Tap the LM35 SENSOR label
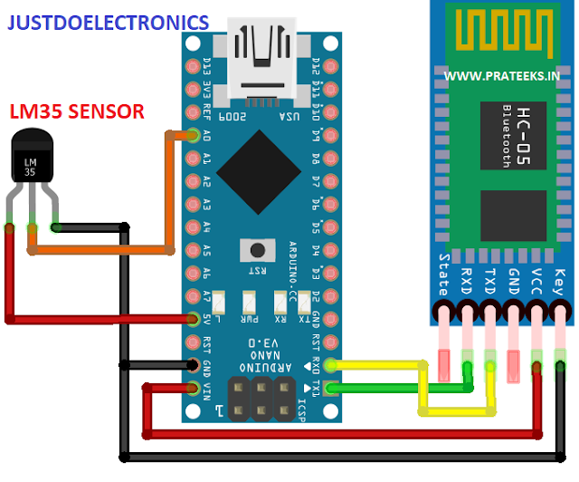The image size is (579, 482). (x=77, y=111)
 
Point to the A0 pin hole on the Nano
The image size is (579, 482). (x=193, y=136)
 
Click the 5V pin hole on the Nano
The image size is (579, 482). (x=193, y=318)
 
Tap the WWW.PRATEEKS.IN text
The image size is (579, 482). (x=501, y=77)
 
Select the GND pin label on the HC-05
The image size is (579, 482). (x=513, y=275)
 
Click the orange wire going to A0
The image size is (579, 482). (x=172, y=190)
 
